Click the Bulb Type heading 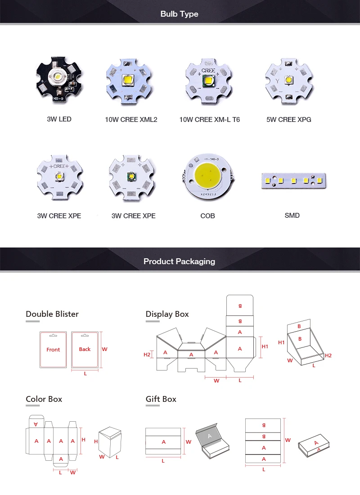179,14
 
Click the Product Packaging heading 179,261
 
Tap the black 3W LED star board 59,81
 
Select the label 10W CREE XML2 131,120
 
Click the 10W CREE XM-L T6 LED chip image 209,81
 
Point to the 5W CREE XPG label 288,120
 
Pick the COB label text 207,216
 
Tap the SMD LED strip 292,180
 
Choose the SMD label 292,216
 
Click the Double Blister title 52,314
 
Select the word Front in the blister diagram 53,350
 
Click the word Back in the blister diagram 85,349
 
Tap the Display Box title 167,314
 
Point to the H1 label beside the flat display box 265,346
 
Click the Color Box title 44,399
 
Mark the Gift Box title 161,399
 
